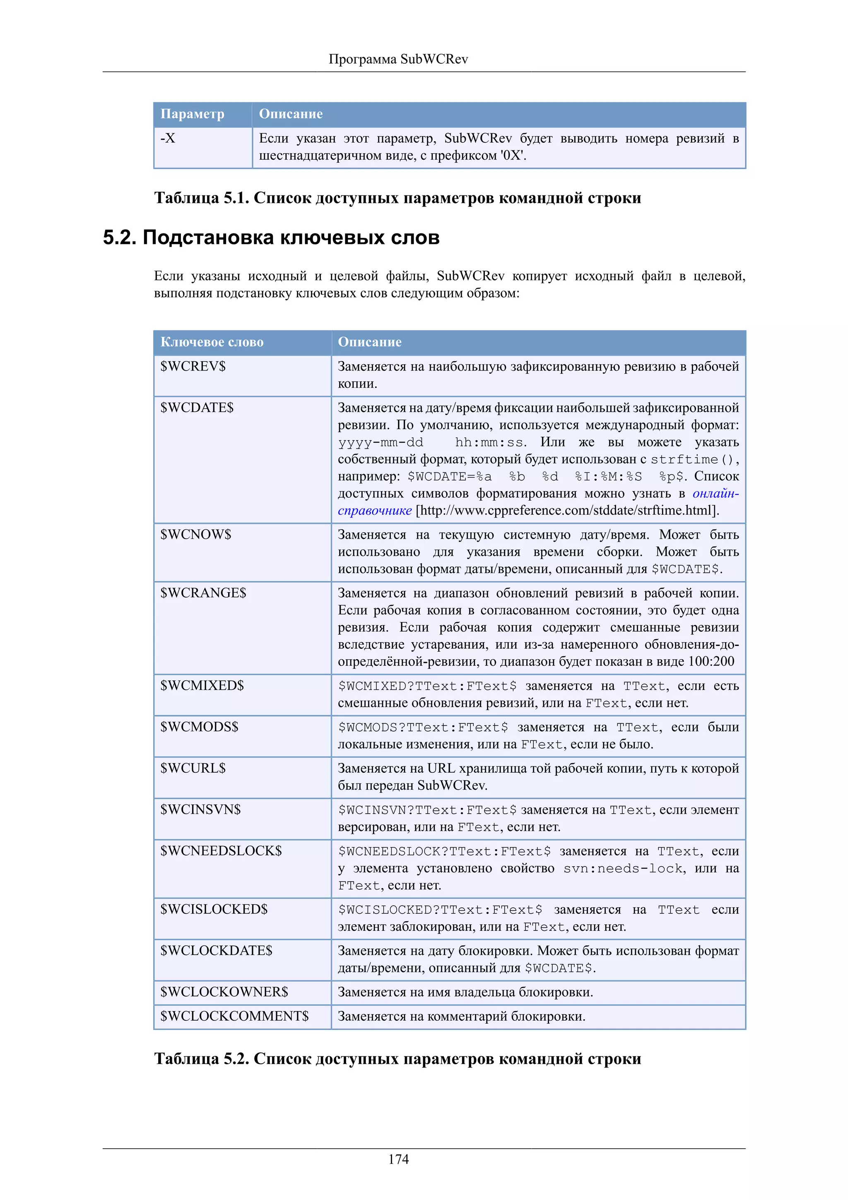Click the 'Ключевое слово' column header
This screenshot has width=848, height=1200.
pos(212,342)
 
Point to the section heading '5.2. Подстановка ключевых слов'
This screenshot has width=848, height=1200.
pos(271,238)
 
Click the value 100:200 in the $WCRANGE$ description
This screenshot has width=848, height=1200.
pos(711,662)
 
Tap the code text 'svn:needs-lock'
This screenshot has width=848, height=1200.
pos(623,869)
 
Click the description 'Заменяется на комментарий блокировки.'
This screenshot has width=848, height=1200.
pos(461,1017)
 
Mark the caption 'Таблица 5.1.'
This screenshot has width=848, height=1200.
pos(201,198)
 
